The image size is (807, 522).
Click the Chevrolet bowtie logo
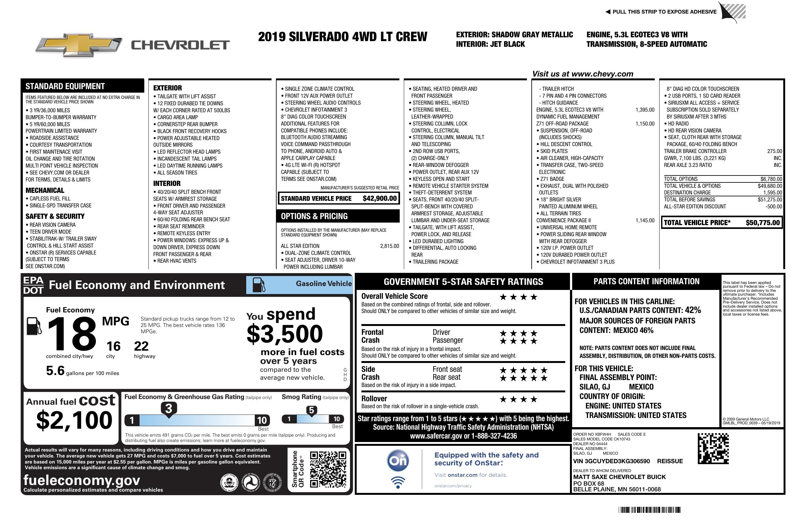tap(79, 45)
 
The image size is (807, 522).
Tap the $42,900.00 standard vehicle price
tap(379, 199)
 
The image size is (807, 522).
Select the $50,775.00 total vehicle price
tap(763, 223)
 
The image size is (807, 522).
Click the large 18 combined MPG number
tap(72, 334)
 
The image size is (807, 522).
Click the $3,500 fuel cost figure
tap(285, 334)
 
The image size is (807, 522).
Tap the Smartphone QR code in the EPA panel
tap(328, 469)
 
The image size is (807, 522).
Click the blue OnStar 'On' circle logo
tap(398, 461)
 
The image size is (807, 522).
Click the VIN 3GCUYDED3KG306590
tap(611, 461)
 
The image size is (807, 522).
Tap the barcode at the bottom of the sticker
tap(649, 510)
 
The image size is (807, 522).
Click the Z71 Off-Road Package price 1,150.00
tap(645, 124)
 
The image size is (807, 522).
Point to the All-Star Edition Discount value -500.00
tap(773, 206)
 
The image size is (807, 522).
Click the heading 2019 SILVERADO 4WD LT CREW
tap(342, 37)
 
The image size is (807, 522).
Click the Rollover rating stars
tap(518, 399)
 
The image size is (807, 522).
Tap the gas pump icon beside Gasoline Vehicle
tap(259, 285)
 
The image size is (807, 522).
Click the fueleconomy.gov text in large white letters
tap(82, 480)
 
